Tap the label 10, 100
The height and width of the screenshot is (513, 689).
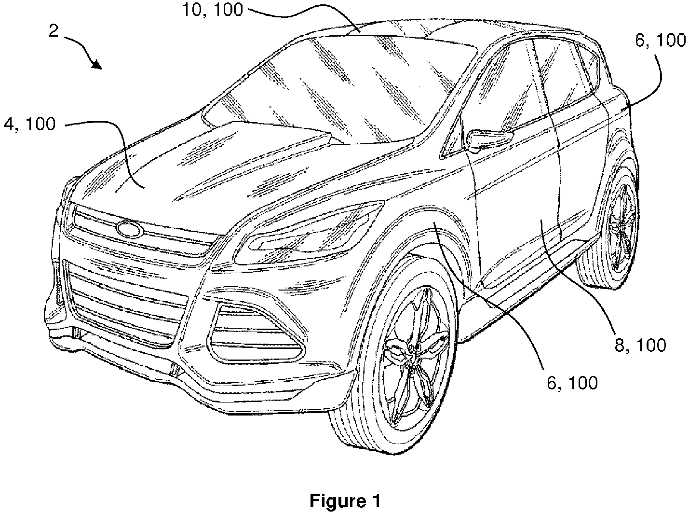pyautogui.click(x=213, y=10)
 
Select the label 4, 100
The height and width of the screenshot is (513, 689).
pyautogui.click(x=29, y=124)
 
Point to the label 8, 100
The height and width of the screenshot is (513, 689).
pyautogui.click(x=640, y=345)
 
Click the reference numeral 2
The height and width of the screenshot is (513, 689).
pyautogui.click(x=54, y=31)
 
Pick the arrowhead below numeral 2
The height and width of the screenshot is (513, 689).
pyautogui.click(x=97, y=65)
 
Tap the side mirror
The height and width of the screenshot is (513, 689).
pyautogui.click(x=489, y=139)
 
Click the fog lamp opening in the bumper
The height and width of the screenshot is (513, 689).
pyautogui.click(x=255, y=334)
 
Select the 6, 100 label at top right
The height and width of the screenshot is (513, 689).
pyautogui.click(x=661, y=40)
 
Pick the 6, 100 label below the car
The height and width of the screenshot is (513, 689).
pyautogui.click(x=572, y=383)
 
